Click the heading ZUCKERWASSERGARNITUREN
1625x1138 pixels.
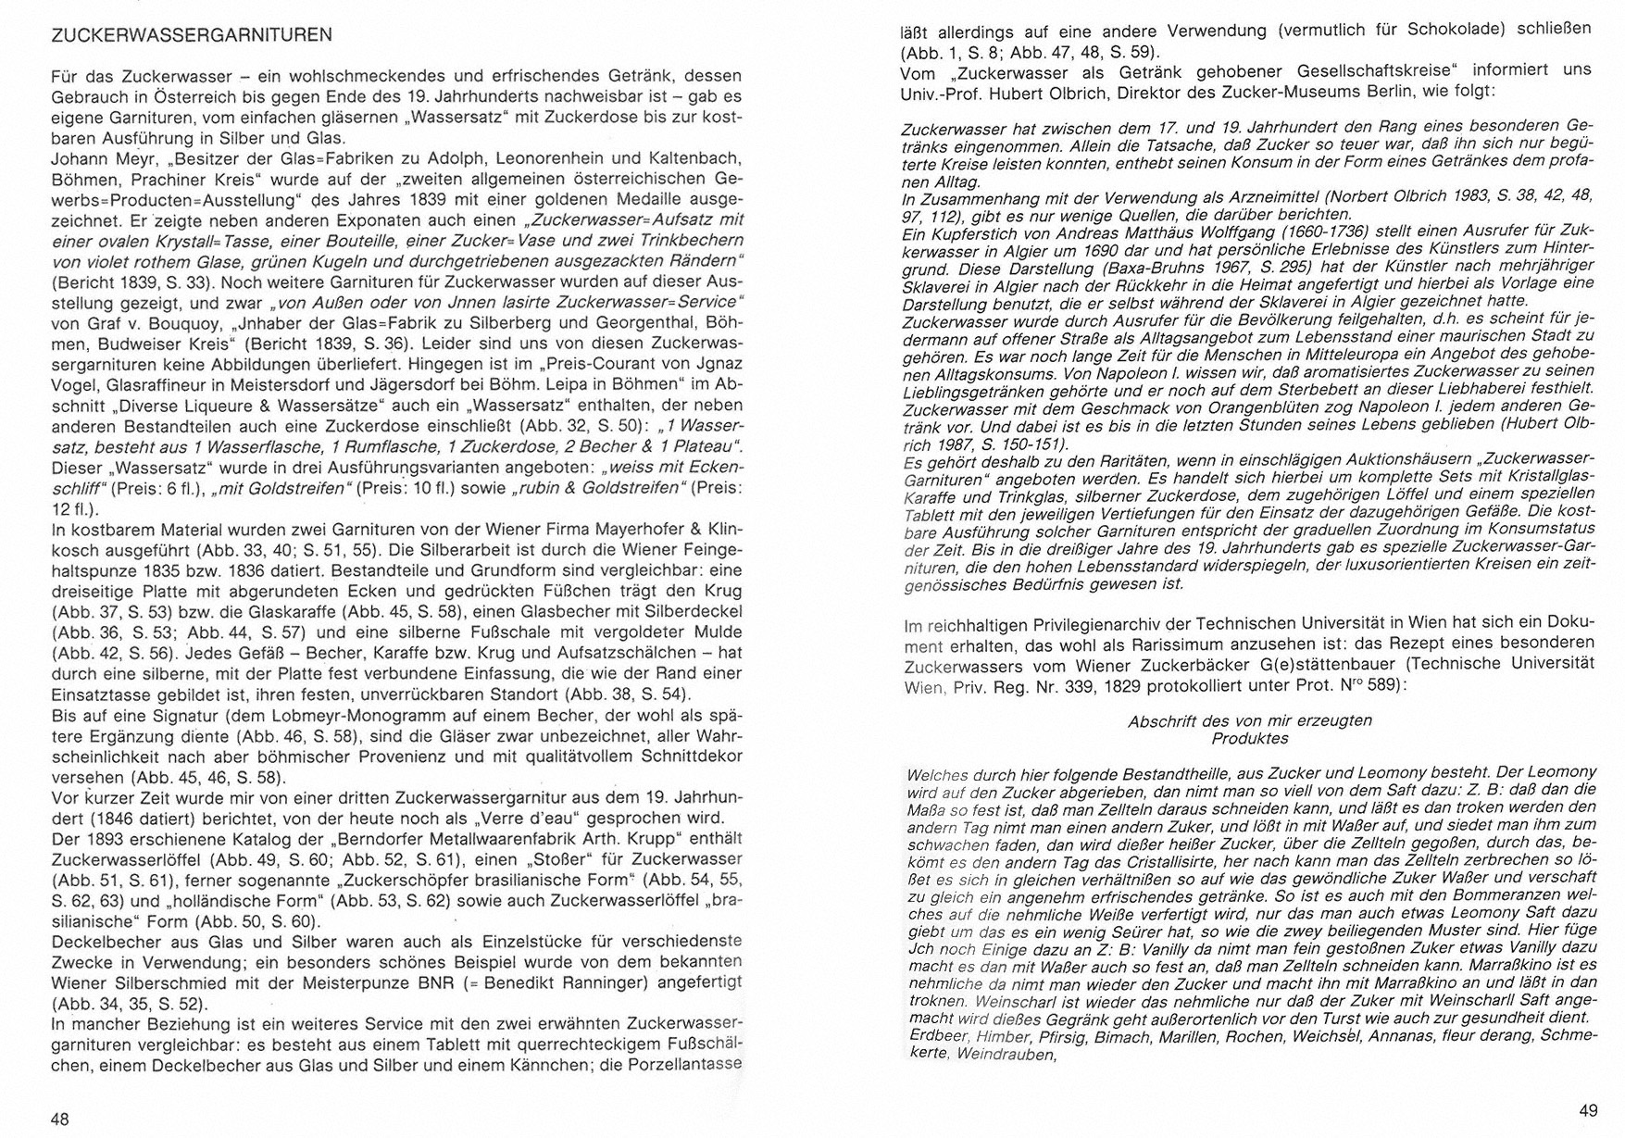tap(191, 36)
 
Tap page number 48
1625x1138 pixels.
tap(60, 1119)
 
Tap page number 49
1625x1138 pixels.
tap(1588, 1110)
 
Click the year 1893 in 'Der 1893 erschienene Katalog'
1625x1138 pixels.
tap(108, 838)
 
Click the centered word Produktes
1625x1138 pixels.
tap(1250, 738)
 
